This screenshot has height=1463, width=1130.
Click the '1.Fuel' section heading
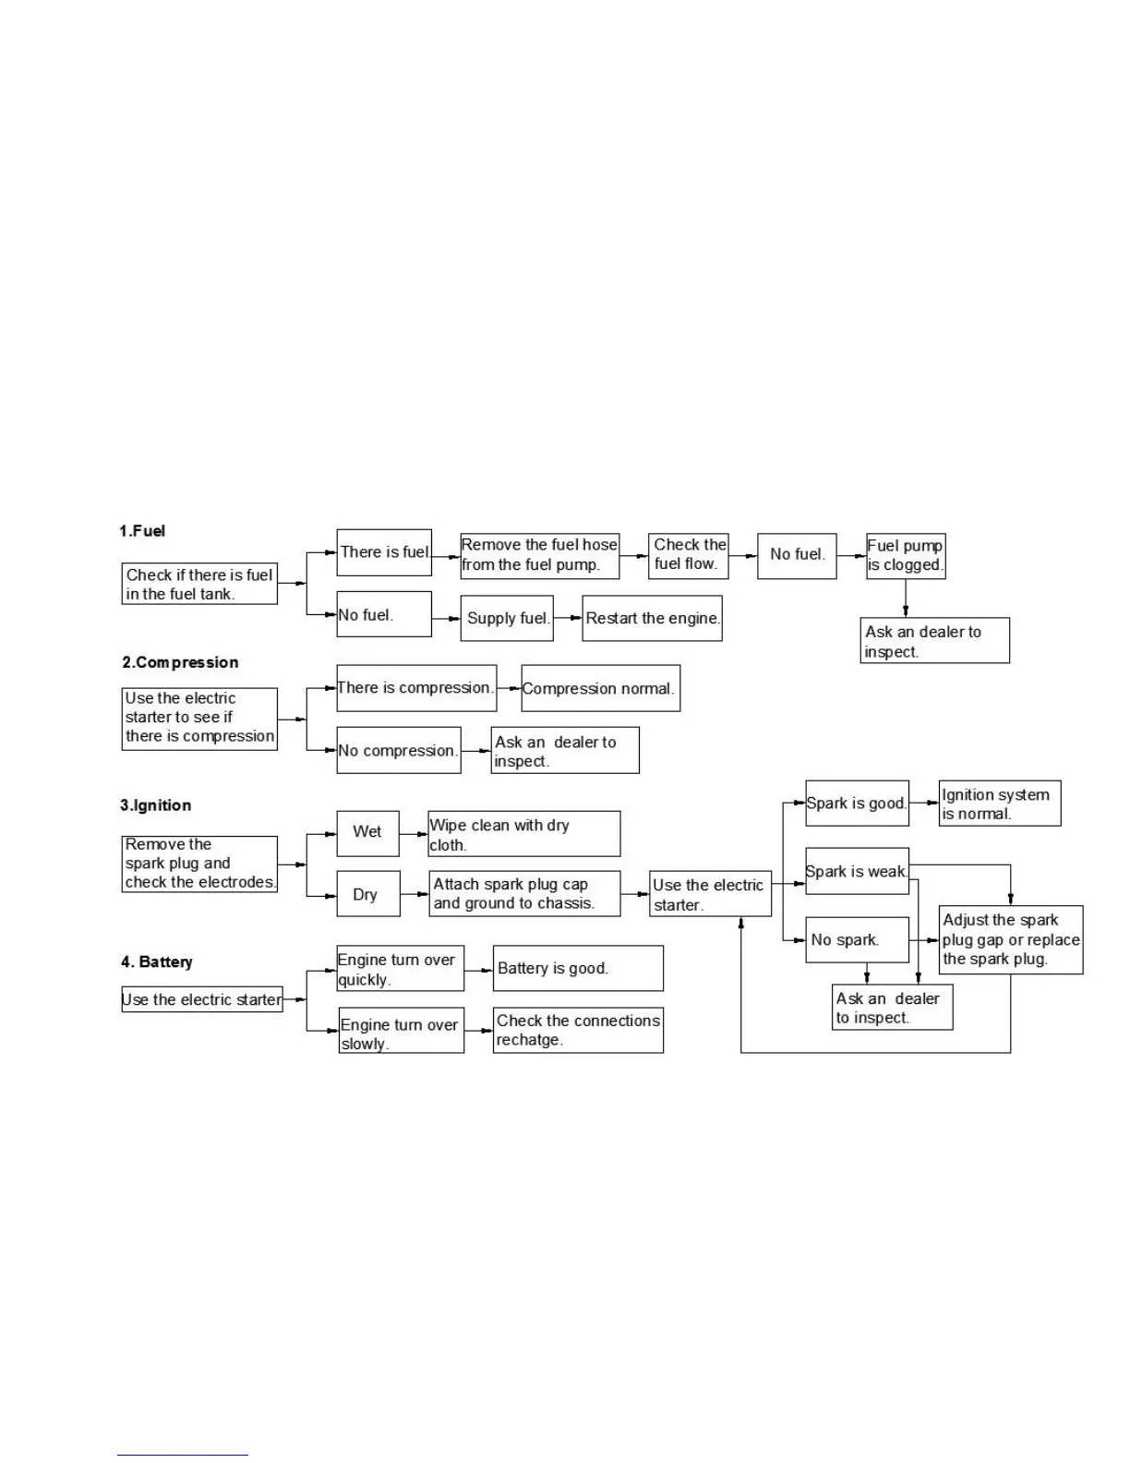point(142,531)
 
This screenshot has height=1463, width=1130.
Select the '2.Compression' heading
point(180,662)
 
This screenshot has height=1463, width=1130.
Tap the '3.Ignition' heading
point(155,805)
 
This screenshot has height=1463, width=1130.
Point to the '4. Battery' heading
point(157,961)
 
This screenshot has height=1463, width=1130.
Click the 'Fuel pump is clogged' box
point(905,555)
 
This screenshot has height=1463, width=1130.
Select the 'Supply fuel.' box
point(506,618)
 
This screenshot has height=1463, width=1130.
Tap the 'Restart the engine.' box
point(652,618)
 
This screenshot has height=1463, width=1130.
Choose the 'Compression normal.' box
point(600,688)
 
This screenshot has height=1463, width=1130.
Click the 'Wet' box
point(367,831)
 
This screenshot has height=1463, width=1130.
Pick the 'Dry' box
point(367,894)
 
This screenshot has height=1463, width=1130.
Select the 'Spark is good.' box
point(857,804)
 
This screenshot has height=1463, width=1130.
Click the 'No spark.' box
point(857,939)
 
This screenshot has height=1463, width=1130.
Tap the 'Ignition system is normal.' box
point(999,804)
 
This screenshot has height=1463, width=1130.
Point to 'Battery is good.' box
point(578,968)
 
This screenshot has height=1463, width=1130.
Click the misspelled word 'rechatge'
point(528,1040)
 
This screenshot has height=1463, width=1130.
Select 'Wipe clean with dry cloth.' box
point(523,834)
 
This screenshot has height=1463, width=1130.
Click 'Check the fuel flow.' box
point(689,555)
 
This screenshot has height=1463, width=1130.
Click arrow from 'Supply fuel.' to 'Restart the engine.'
point(567,618)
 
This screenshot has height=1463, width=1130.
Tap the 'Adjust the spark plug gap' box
point(1010,939)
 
